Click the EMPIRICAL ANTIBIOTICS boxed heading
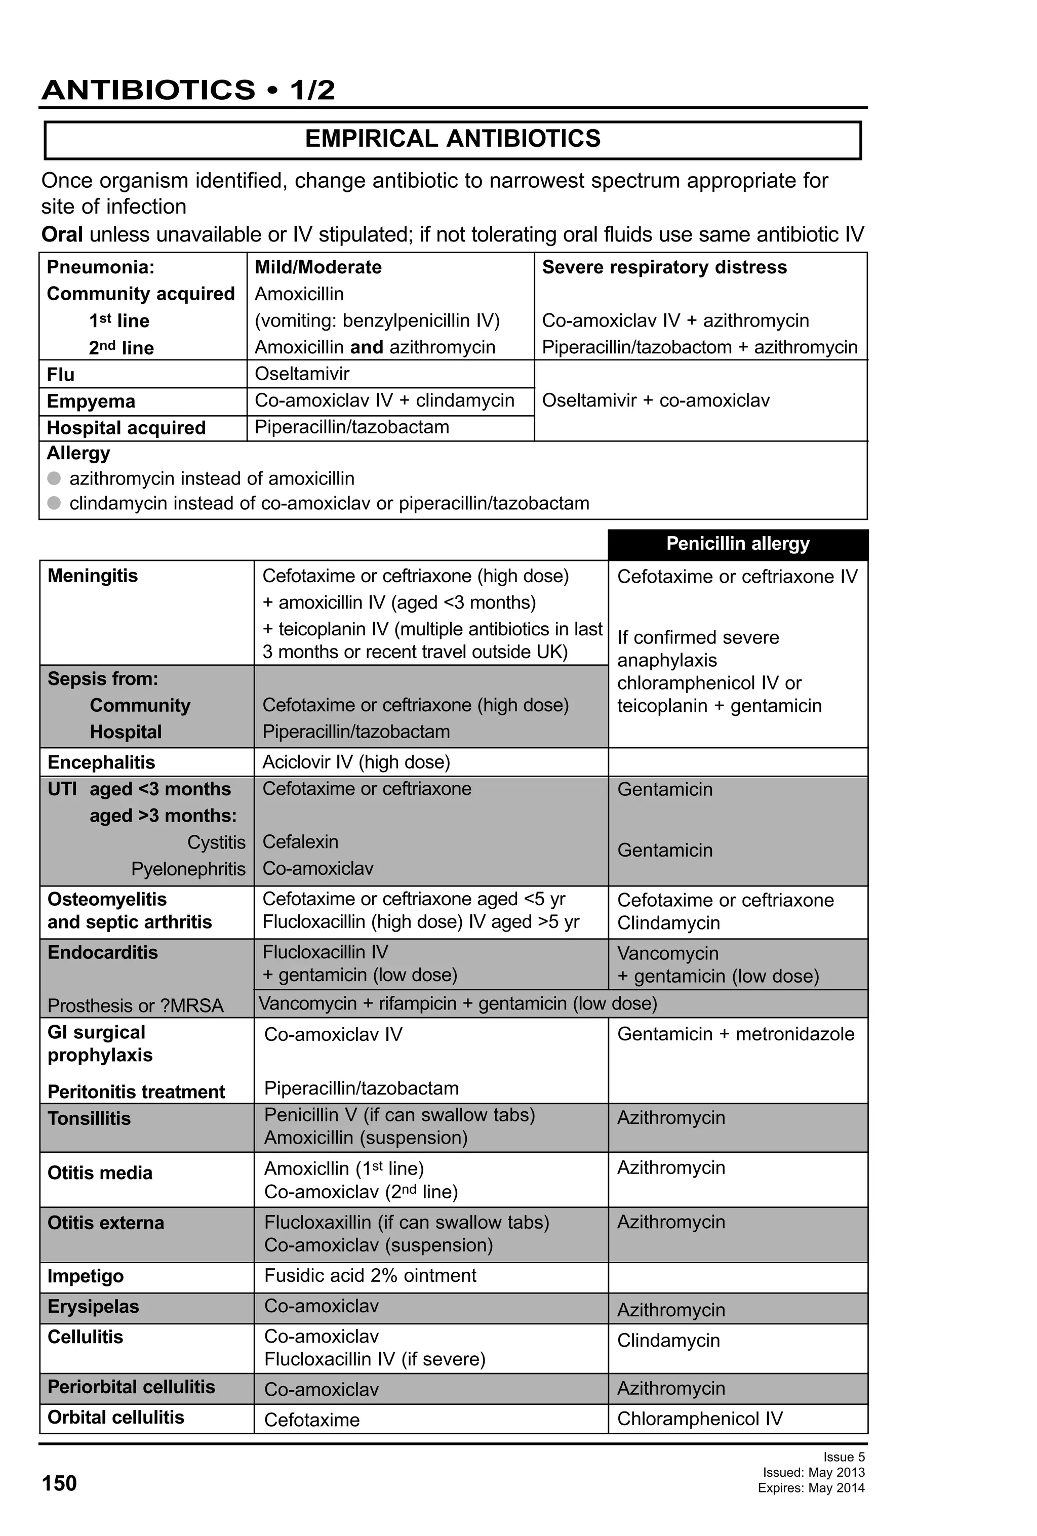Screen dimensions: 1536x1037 453,139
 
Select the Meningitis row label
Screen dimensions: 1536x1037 93,576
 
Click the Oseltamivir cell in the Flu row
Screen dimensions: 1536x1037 302,374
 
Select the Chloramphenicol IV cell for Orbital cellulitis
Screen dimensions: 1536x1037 699,1419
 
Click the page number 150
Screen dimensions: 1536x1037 59,1483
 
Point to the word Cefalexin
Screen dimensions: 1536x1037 300,841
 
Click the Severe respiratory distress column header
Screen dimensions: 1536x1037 664,267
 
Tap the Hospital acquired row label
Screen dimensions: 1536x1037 126,428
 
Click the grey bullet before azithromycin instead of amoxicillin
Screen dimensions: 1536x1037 54,478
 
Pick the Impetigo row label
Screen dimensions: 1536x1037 85,1276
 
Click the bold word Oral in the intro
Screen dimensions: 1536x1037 61,234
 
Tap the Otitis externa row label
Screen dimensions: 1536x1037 105,1223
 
